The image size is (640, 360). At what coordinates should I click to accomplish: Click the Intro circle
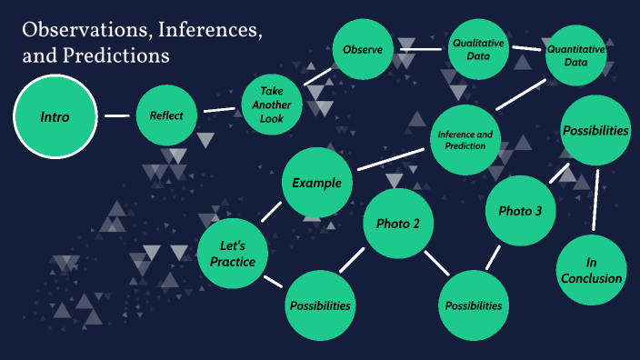pos(55,116)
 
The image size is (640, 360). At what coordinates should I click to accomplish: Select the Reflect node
pos(166,115)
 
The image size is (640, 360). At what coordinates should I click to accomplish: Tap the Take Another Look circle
pos(272,104)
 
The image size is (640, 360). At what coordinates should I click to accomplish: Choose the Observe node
pos(362,49)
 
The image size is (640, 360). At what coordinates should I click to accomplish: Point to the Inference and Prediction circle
pos(465,140)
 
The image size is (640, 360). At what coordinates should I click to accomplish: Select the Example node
pos(316,183)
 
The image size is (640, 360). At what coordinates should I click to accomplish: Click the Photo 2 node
pos(397,224)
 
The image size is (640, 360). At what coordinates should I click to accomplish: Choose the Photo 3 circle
pos(520,211)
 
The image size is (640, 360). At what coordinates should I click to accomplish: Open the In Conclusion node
pos(591,271)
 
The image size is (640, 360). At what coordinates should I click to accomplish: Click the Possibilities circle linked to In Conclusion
pos(595,131)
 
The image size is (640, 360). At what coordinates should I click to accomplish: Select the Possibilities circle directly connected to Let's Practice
pos(320,305)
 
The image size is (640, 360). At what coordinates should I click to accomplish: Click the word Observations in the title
pos(87,31)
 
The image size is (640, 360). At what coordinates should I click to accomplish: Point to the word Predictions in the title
pos(114,55)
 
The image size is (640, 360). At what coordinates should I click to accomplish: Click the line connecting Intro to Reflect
pos(115,116)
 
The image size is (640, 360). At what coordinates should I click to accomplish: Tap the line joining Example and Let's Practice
pos(271,212)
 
